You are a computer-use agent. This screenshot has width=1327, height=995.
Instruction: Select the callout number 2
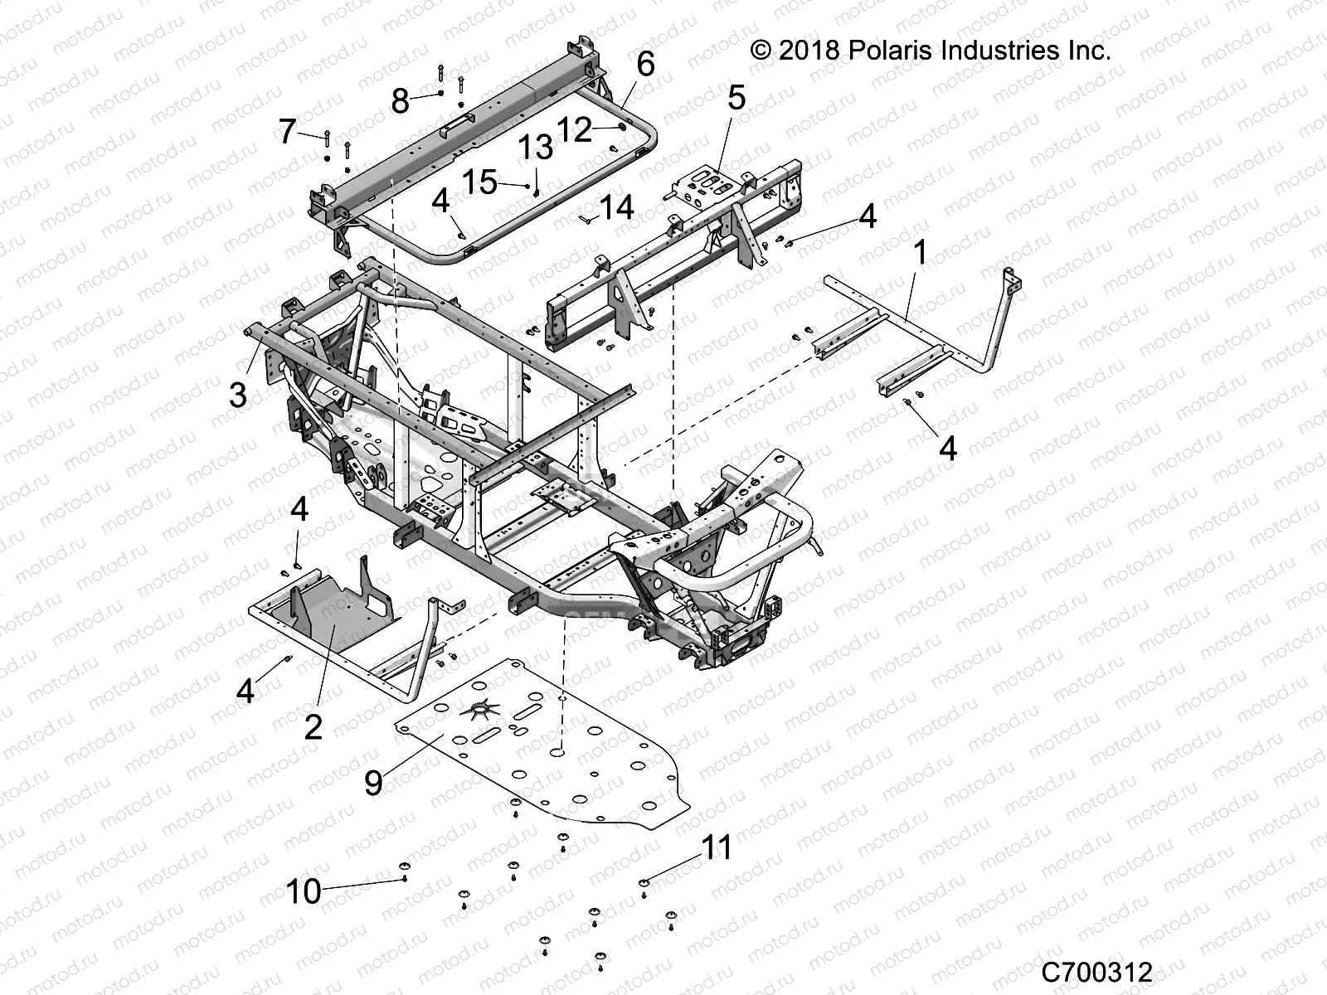click(313, 727)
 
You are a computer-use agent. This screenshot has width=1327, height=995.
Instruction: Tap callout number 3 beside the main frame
click(238, 395)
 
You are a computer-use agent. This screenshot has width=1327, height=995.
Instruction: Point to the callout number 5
click(736, 98)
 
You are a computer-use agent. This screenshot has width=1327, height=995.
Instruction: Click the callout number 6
click(645, 64)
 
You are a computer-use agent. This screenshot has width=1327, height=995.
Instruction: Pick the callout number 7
click(287, 131)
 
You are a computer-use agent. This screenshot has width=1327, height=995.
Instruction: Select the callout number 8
click(400, 102)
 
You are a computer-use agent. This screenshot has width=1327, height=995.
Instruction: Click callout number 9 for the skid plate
click(373, 782)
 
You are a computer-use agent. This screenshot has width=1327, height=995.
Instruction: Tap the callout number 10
click(303, 892)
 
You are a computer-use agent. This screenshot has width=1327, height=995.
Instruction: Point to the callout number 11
click(717, 847)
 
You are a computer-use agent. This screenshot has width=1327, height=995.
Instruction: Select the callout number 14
click(617, 207)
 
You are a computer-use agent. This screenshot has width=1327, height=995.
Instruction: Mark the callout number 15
click(479, 182)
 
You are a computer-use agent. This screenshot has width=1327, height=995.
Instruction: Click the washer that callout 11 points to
click(644, 884)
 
